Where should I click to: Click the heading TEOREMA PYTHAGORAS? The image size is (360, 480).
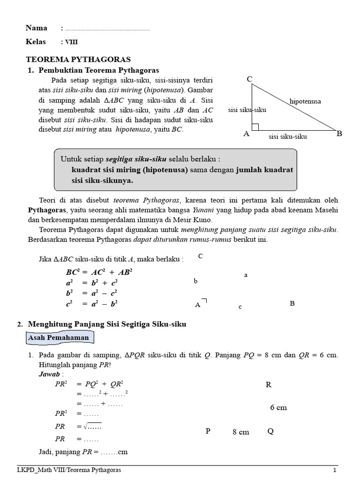click(78, 59)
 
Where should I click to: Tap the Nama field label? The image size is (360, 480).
click(36, 28)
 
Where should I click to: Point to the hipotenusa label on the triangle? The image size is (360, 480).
click(305, 101)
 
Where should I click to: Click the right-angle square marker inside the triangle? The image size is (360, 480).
click(255, 127)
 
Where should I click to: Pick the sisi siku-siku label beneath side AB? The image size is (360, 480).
click(288, 136)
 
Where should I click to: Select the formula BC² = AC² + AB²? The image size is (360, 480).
click(99, 272)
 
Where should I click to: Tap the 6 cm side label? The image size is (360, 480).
click(278, 407)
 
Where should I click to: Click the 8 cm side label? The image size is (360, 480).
click(240, 432)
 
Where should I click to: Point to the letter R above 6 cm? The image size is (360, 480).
click(269, 385)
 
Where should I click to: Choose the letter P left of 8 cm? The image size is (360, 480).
click(208, 431)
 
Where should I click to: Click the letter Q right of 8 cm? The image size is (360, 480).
click(270, 431)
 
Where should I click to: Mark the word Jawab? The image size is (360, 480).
click(47, 375)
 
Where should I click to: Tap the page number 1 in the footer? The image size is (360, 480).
click(335, 470)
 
